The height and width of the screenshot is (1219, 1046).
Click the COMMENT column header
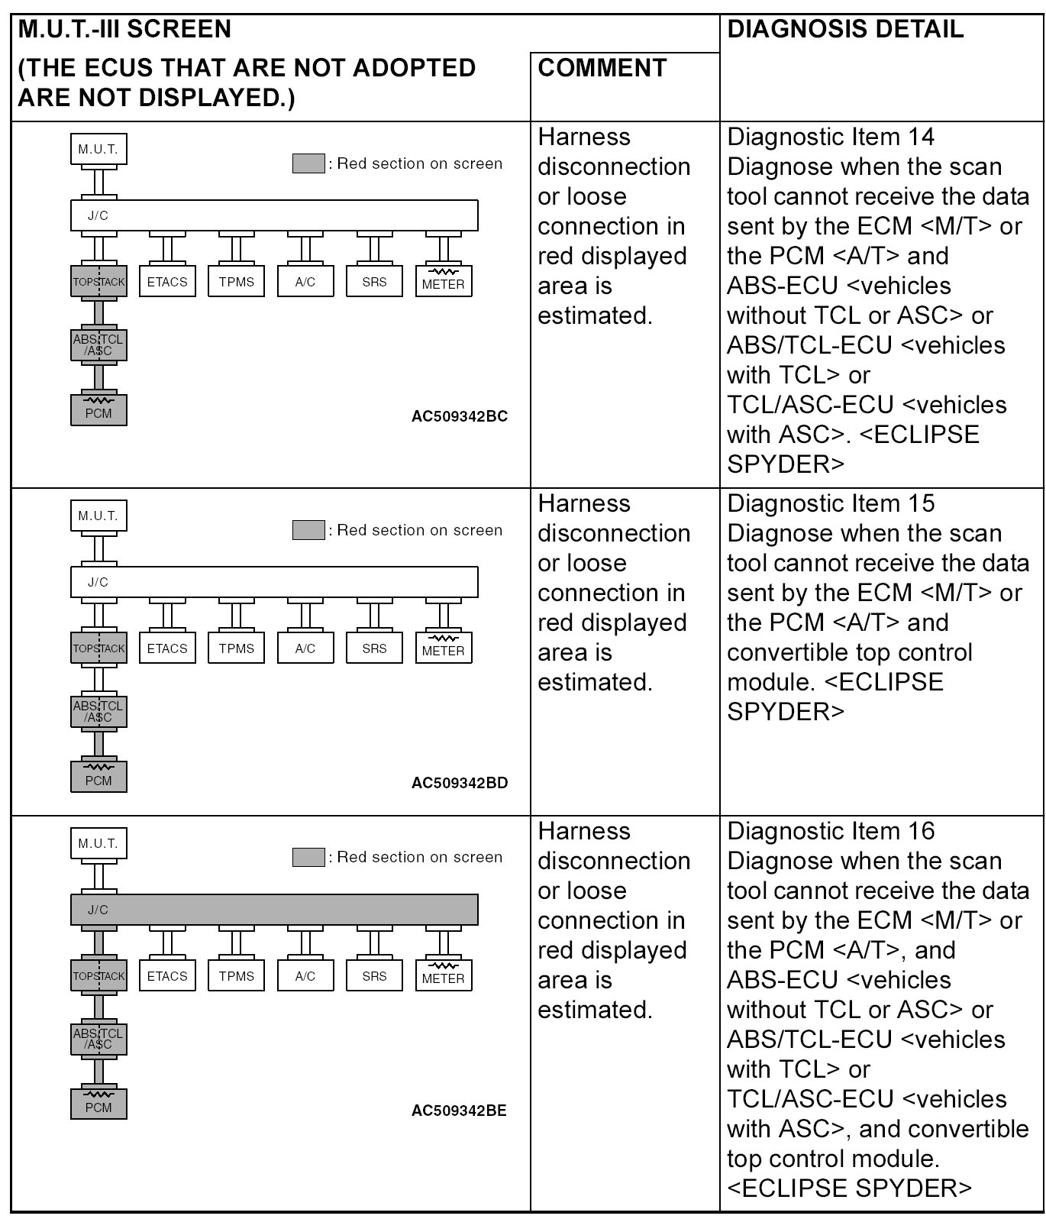[602, 68]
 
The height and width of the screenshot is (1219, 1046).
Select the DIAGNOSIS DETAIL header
[845, 30]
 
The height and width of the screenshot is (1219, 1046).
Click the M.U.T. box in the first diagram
[98, 150]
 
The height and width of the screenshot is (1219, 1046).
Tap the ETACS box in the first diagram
[167, 282]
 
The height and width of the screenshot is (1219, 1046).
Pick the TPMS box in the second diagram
[237, 648]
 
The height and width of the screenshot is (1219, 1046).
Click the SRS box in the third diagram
[374, 976]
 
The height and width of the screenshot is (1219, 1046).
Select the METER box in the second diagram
[443, 648]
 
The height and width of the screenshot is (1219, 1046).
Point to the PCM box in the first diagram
[98, 410]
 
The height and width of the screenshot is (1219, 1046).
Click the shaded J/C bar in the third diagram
[274, 910]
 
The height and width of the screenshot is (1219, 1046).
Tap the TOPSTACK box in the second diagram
[98, 648]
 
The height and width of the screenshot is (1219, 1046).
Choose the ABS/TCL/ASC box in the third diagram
[98, 1039]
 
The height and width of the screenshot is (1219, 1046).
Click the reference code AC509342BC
[459, 417]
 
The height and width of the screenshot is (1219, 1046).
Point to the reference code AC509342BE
[459, 1111]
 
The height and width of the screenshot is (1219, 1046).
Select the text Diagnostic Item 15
[831, 504]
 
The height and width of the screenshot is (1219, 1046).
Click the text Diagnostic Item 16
[831, 831]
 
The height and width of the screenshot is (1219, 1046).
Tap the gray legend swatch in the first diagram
[308, 163]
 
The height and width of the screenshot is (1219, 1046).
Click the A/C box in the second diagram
[305, 648]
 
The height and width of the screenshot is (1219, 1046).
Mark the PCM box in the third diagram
[98, 1104]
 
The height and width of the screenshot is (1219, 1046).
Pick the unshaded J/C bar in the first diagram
[274, 215]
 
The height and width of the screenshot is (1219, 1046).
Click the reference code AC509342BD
[459, 783]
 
